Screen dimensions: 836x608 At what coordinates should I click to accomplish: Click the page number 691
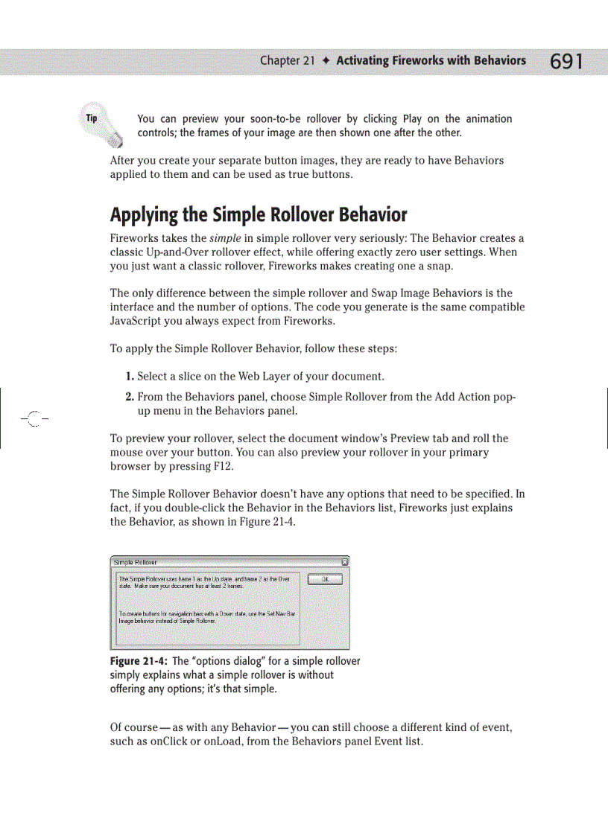(x=566, y=61)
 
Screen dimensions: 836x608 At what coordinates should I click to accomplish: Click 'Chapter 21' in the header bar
(x=287, y=61)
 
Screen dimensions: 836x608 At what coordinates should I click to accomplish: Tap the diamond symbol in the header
(x=326, y=61)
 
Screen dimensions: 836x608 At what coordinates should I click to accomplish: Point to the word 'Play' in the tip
(x=412, y=119)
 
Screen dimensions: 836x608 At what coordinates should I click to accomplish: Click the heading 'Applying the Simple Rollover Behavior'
(x=258, y=215)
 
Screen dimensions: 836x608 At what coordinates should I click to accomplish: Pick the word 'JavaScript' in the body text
(x=136, y=322)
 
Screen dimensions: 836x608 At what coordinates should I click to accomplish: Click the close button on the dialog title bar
(x=344, y=562)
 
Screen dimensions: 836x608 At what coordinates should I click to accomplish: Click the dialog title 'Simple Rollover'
(x=136, y=562)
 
